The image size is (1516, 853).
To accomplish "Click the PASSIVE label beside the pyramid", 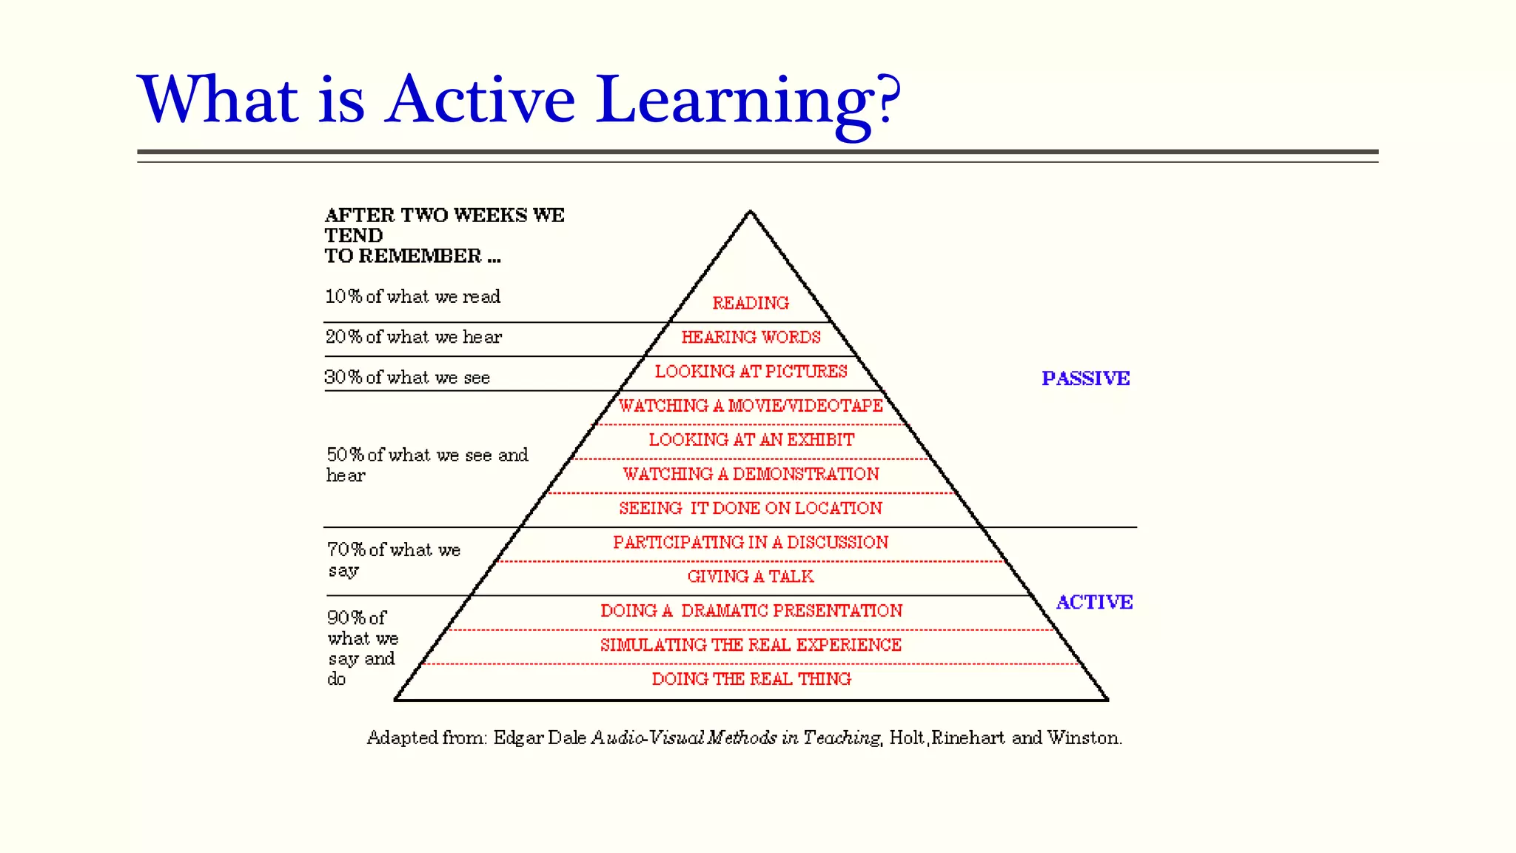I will pos(1085,378).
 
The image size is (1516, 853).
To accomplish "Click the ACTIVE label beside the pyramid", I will pos(1094,602).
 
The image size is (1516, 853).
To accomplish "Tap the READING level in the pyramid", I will pos(751,303).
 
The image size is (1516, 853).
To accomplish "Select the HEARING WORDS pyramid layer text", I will pos(751,338).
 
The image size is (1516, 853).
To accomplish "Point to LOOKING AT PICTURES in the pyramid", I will pos(751,372).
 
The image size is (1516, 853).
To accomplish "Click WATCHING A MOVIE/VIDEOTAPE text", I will pos(751,406).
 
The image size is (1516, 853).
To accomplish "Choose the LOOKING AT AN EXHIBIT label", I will pos(751,440).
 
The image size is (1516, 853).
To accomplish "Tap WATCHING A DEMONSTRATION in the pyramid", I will pos(751,474).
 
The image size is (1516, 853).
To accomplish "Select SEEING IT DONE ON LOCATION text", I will pos(751,508).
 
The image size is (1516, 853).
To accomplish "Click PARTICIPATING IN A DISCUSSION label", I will pos(751,543).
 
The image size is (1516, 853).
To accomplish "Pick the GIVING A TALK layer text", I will pos(751,577).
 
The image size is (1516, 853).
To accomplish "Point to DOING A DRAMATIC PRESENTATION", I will pos(751,611).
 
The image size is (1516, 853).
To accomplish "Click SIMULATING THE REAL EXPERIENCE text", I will pos(751,645).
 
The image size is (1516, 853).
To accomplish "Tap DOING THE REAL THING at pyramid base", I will pos(751,679).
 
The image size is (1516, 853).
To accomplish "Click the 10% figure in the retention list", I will pos(343,297).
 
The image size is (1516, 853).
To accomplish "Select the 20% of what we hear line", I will pos(413,338).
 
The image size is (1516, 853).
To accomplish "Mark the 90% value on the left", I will pos(346,618).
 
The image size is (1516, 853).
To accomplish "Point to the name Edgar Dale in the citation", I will pos(540,737).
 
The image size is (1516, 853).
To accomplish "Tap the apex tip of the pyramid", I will pos(750,213).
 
